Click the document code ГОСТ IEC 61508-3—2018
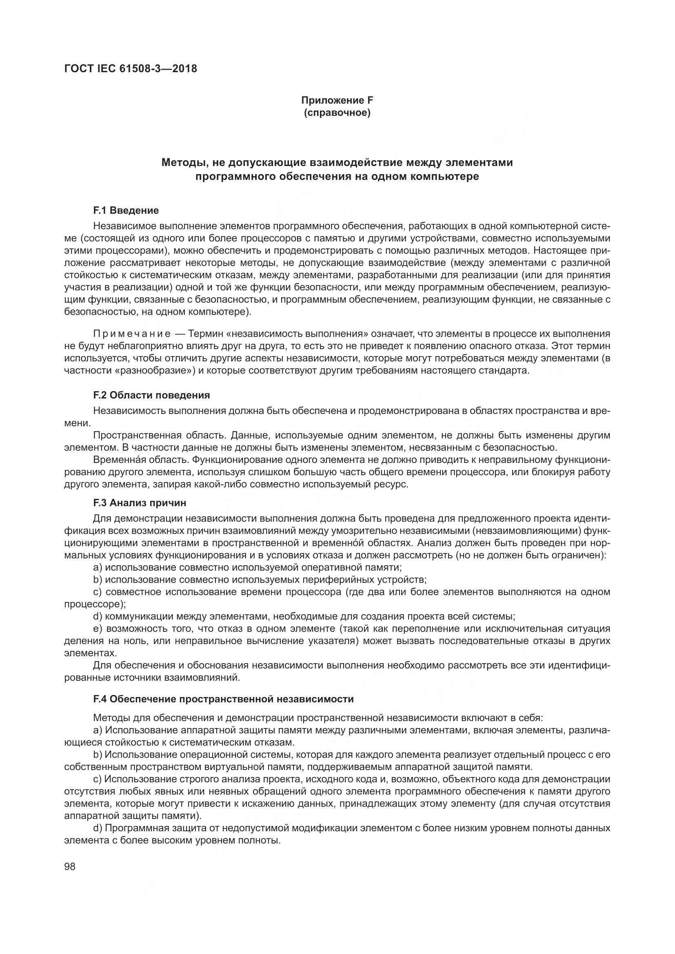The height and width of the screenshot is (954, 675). pyautogui.click(x=131, y=69)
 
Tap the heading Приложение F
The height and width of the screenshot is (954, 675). pyautogui.click(x=337, y=100)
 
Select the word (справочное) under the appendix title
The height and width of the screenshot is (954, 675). pyautogui.click(x=337, y=113)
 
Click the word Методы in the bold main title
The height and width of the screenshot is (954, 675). pyautogui.click(x=181, y=162)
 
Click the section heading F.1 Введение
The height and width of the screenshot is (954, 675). pyautogui.click(x=126, y=210)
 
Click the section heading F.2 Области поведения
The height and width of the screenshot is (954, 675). pyautogui.click(x=152, y=395)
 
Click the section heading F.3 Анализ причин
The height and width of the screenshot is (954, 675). pyautogui.click(x=140, y=503)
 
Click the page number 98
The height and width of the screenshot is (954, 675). pyautogui.click(x=70, y=867)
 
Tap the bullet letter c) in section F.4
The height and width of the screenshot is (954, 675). pyautogui.click(x=98, y=779)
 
